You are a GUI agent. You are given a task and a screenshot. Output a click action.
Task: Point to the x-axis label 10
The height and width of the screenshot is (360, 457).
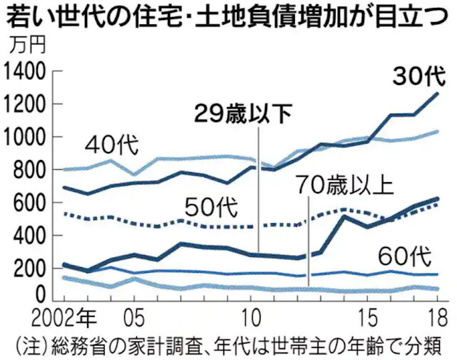[x=251, y=315]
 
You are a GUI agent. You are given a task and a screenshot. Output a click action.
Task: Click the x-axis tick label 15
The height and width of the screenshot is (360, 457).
[x=368, y=315]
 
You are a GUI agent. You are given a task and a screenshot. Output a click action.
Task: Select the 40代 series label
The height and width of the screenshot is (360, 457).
[x=114, y=145]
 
